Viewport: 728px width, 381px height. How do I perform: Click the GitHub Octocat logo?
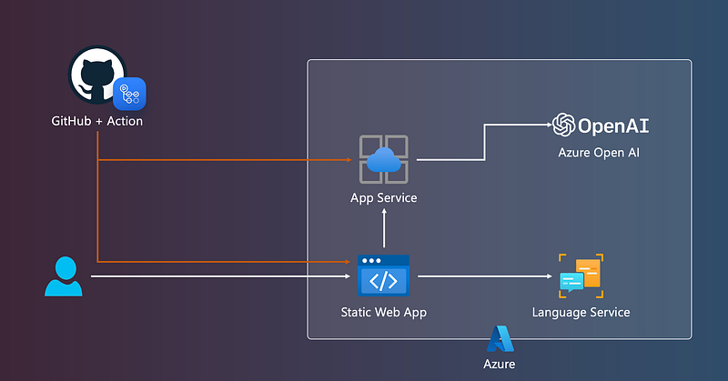pyautogui.click(x=97, y=75)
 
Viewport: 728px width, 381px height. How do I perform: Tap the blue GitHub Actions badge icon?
pyautogui.click(x=129, y=94)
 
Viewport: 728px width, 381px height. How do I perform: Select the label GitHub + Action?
pyautogui.click(x=97, y=121)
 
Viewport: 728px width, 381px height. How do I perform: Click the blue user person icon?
pyautogui.click(x=64, y=276)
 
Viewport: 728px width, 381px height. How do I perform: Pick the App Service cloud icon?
pyautogui.click(x=383, y=159)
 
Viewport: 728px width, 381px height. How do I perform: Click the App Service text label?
pyautogui.click(x=383, y=198)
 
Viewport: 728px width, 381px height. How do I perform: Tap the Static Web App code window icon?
pyautogui.click(x=383, y=276)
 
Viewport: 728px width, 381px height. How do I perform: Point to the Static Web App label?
pyautogui.click(x=383, y=312)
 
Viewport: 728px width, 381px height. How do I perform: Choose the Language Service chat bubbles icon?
pyautogui.click(x=581, y=276)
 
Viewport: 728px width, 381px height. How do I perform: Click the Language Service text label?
pyautogui.click(x=581, y=312)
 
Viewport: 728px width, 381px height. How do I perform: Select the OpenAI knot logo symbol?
pyautogui.click(x=563, y=125)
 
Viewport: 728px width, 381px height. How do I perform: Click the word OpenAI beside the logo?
pyautogui.click(x=613, y=125)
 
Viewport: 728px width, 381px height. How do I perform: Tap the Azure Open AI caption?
pyautogui.click(x=599, y=153)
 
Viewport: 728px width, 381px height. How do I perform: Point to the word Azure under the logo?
pyautogui.click(x=499, y=364)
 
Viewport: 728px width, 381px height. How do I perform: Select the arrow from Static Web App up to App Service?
pyautogui.click(x=384, y=228)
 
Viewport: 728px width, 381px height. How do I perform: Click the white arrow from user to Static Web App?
pyautogui.click(x=220, y=276)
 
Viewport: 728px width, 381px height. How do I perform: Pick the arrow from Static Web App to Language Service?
pyautogui.click(x=485, y=276)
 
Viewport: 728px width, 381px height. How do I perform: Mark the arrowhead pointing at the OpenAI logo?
pyautogui.click(x=550, y=125)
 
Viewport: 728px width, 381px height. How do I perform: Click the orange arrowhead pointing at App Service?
pyautogui.click(x=349, y=160)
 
